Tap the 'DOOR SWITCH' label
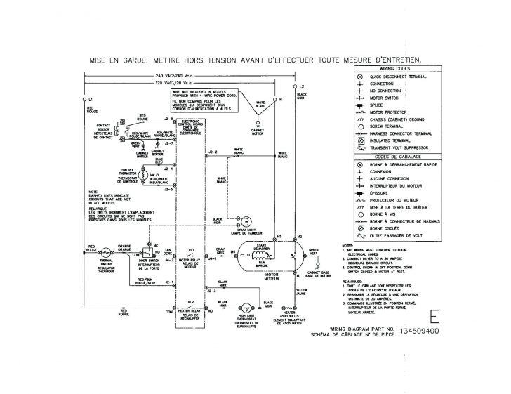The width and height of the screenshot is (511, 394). [150, 263]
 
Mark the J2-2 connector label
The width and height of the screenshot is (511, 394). [213, 152]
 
